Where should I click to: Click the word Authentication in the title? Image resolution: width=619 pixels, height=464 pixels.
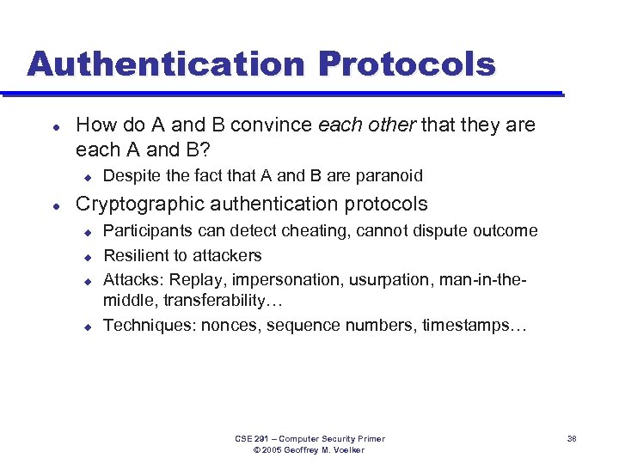coord(163,64)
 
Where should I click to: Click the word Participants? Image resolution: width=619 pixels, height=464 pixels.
coord(147,231)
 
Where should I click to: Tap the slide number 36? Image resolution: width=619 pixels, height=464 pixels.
coord(572,439)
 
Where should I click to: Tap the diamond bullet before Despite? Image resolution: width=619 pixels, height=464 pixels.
coord(87,177)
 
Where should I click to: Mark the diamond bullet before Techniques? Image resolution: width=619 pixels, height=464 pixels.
coord(87,326)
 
